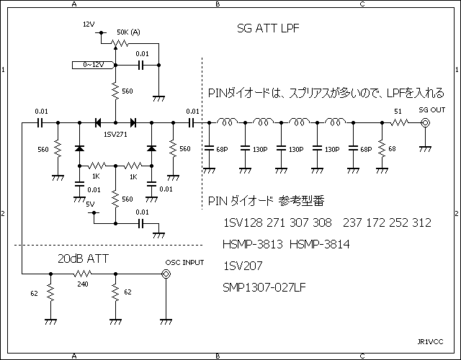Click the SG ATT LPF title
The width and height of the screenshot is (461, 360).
[268, 30]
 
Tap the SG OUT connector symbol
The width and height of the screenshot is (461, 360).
[426, 123]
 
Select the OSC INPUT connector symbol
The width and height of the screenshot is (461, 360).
[166, 274]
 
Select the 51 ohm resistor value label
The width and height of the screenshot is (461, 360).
[398, 111]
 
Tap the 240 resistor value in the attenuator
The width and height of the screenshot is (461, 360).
[84, 284]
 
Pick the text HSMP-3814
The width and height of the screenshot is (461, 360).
[319, 245]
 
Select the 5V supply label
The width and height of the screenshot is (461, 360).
[90, 204]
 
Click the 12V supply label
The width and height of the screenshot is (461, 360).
[89, 24]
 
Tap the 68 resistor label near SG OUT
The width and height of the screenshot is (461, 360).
[392, 149]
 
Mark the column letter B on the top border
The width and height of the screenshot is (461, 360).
[218, 4]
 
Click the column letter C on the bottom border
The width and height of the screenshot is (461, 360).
[362, 356]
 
